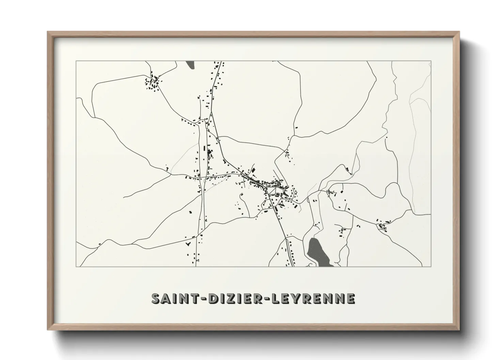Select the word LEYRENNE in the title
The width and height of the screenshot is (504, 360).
[312, 298]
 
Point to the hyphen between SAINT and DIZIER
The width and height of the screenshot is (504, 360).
[203, 299]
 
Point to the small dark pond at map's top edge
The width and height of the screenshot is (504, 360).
[190, 65]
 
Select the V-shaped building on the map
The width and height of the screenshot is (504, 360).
[187, 244]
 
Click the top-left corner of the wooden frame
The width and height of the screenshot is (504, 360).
[48, 32]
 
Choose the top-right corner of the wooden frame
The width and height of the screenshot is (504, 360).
[459, 32]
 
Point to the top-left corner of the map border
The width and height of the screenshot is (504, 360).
[76, 61]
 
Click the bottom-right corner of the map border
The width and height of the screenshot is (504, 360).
[431, 266]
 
